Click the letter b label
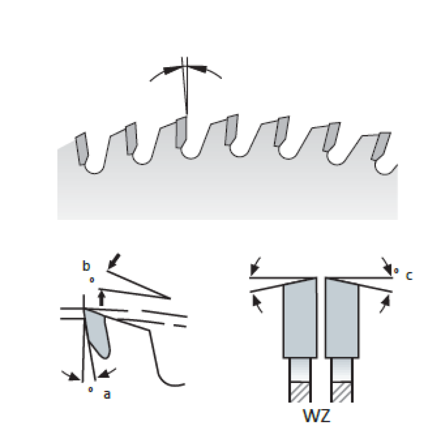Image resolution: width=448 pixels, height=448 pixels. [86, 267]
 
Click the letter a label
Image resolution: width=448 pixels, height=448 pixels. [107, 394]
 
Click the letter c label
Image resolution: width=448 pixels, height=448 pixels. [409, 276]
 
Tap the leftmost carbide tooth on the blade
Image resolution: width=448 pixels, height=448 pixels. [82, 148]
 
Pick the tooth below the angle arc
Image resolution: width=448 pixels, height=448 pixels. [180, 132]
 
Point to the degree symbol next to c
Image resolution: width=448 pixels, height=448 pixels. [396, 271]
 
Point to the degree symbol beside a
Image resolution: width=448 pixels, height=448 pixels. [90, 389]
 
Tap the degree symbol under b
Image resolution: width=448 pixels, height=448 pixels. [92, 280]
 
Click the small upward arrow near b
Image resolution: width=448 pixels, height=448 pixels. [102, 297]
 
